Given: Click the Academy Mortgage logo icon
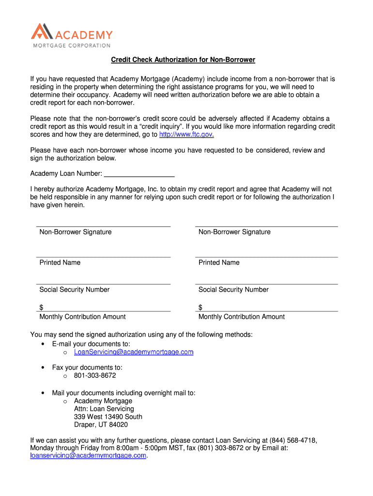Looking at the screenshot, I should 41,32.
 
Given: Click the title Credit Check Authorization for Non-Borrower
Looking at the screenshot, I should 183,60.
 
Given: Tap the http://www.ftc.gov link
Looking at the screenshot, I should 186,134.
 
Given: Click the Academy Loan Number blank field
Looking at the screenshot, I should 140,173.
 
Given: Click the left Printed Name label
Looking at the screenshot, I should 60,263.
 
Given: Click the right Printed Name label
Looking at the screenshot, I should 219,263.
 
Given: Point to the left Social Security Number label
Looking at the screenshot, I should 75,290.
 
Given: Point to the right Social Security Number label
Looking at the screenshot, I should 233,290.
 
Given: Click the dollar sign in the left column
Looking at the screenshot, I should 42,308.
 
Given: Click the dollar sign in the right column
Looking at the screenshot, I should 201,308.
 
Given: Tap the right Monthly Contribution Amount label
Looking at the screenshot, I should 242,317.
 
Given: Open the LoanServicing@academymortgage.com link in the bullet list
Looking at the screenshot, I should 134,352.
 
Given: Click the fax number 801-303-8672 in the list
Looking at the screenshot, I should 95,375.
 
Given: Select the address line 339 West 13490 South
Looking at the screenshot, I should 108,417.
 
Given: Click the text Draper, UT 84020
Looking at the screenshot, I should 101,425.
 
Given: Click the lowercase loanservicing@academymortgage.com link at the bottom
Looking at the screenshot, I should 88,456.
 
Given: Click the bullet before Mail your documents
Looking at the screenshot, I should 44,393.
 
